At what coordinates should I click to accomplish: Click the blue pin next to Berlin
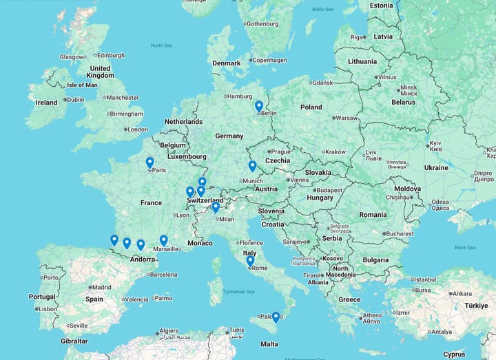coord(259,106)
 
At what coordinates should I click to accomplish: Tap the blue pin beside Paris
coord(149,162)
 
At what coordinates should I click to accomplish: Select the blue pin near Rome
coord(250,261)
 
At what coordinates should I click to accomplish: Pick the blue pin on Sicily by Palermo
coord(276,317)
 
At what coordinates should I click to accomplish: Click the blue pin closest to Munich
coord(252,166)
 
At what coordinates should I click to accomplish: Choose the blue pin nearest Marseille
coord(163,240)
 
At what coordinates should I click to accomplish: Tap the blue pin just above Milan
coord(216,207)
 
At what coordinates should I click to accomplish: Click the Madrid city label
coord(101,288)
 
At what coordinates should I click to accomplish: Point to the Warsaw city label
coord(347,118)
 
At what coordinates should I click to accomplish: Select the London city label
coord(137,129)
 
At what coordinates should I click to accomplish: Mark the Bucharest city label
coord(400,233)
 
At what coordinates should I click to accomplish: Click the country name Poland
coord(311,107)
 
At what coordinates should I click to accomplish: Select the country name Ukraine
coord(436,167)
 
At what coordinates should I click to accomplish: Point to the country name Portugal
coord(42,297)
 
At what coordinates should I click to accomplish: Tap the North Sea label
coord(161,45)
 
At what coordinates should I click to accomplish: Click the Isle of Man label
coord(82,85)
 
